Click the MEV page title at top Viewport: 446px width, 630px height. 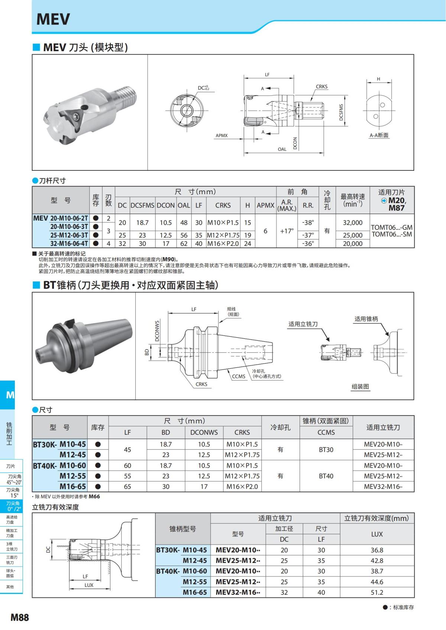tap(53, 19)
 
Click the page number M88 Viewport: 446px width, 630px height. tap(20, 617)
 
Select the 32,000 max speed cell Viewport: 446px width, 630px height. tap(352, 222)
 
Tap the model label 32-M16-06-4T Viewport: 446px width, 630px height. tap(69, 244)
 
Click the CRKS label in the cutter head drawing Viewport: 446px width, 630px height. tap(321, 86)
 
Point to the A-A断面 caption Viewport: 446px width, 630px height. tap(379, 135)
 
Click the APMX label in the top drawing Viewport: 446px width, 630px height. tap(222, 136)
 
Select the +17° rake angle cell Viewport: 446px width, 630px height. tap(287, 231)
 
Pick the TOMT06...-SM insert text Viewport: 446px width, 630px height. tap(392, 234)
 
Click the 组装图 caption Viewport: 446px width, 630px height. tap(360, 386)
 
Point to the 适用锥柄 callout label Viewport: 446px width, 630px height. tap(366, 319)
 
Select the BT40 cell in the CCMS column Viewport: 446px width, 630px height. tap(326, 476)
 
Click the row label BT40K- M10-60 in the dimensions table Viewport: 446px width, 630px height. tap(59, 466)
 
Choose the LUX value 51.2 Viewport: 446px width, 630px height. tap(376, 592)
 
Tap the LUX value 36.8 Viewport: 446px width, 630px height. tap(376, 550)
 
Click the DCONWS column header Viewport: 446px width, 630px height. tap(204, 432)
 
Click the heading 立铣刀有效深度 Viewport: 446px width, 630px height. tap(55, 507)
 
